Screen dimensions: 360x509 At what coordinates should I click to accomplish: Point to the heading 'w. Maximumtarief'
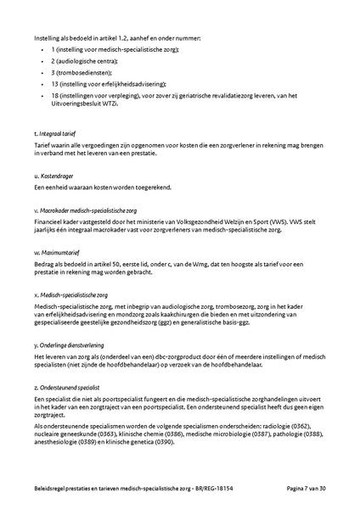(57, 250)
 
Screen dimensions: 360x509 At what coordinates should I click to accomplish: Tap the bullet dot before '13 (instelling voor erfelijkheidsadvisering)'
(43, 85)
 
